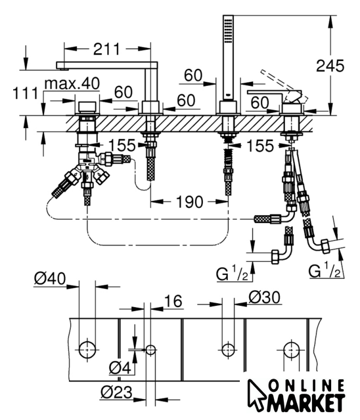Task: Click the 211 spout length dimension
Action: point(106,49)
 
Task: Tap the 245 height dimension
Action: point(330,66)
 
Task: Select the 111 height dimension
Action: point(26,93)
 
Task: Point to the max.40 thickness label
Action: point(72,83)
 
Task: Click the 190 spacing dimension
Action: point(189,202)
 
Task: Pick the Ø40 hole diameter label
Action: point(50,278)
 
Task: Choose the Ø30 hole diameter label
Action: point(265,297)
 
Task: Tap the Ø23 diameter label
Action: point(116,392)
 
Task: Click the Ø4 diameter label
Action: point(120,367)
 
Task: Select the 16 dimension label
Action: point(173,301)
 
